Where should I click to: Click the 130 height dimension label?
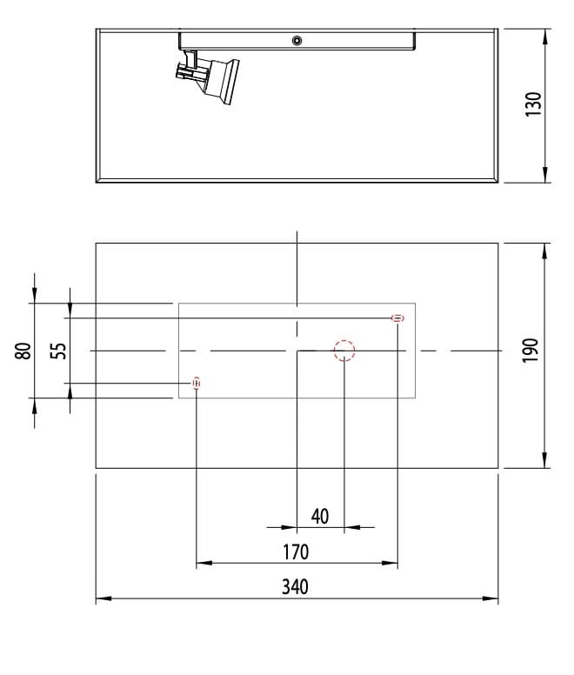point(534,104)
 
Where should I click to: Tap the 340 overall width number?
point(296,586)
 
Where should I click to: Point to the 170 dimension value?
point(296,551)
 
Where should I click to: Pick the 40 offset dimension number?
point(320,516)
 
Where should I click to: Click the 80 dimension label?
point(23,351)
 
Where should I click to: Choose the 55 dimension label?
point(57,351)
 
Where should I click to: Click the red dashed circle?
point(344,351)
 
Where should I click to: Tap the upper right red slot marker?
point(397,318)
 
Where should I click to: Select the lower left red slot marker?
point(197,383)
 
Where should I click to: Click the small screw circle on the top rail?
point(297,40)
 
